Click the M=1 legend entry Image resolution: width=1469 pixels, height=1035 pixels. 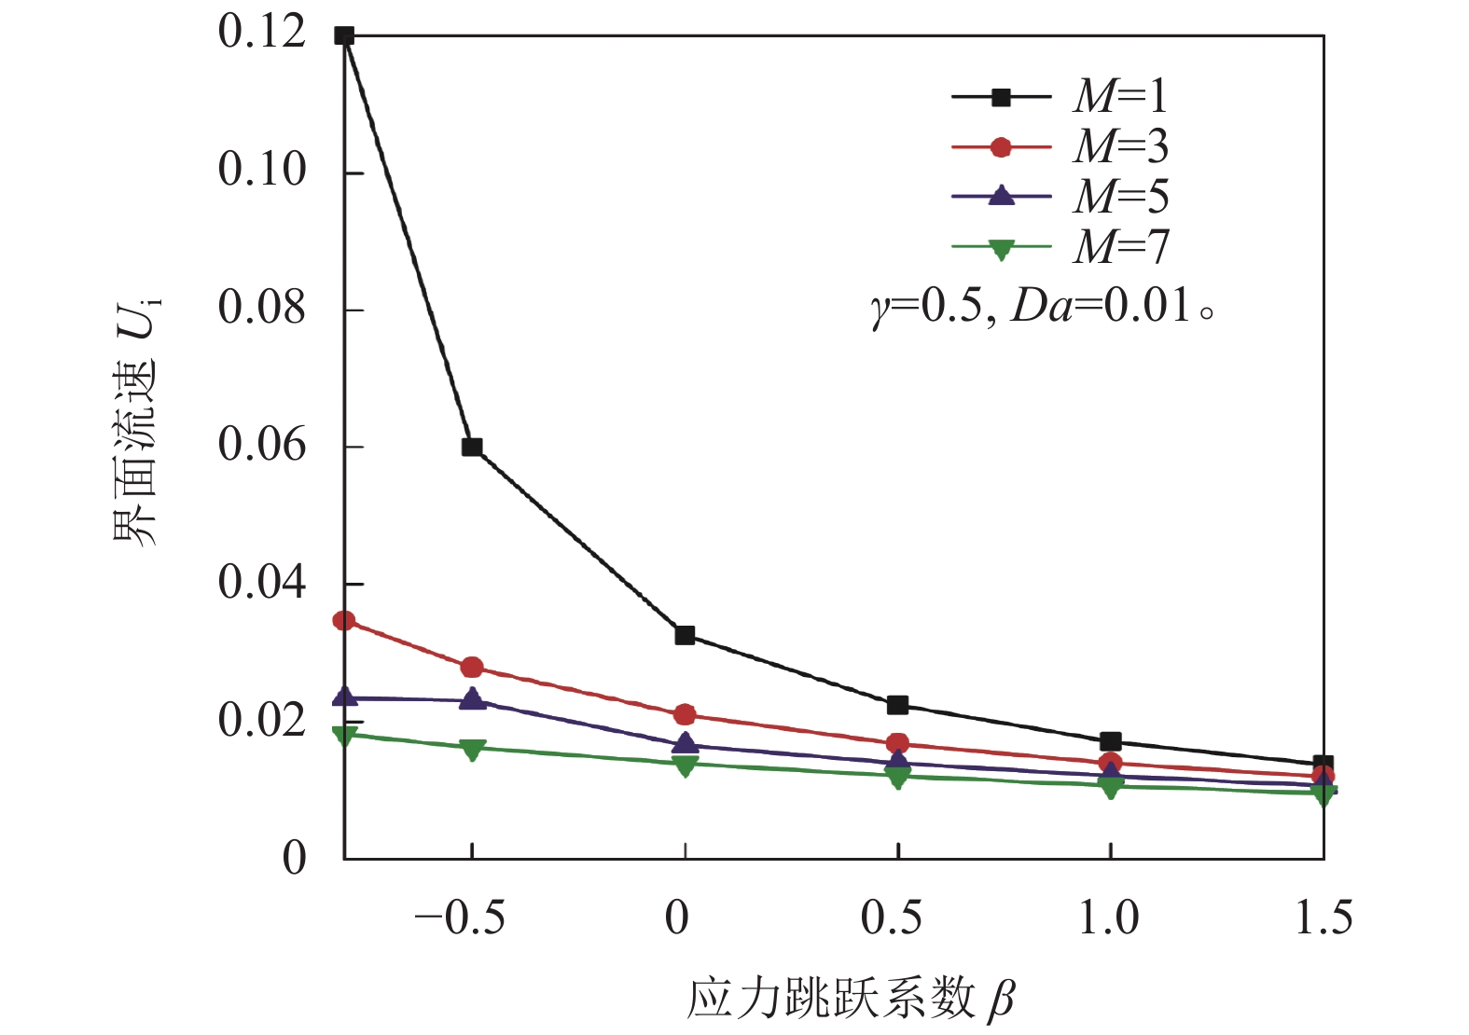coord(1060,96)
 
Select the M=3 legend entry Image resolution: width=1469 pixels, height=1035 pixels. coord(1060,146)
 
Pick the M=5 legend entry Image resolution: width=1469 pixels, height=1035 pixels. coord(1060,197)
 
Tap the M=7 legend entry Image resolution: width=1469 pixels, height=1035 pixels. coord(1060,247)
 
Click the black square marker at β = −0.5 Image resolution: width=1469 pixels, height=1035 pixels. coord(472,447)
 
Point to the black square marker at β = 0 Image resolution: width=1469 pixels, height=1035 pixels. coord(685,635)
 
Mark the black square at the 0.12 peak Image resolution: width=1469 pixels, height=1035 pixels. coord(344,36)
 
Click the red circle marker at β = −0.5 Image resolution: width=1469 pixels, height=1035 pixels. coord(472,667)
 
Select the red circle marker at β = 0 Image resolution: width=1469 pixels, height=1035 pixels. coord(685,715)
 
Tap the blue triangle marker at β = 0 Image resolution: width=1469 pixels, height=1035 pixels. coord(685,743)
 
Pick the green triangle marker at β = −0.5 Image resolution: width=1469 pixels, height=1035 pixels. coord(472,749)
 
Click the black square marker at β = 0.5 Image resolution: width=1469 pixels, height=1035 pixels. coord(897,705)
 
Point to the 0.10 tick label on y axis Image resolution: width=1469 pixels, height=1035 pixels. coord(262,170)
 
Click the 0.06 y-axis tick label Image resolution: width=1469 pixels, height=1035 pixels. coord(262,445)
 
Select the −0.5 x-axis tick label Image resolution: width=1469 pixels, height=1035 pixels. coord(460,918)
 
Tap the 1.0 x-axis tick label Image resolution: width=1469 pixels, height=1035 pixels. coord(1109,918)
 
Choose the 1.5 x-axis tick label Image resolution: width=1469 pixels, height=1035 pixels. coord(1323,918)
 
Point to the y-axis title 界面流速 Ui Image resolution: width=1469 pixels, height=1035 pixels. coord(136,424)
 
